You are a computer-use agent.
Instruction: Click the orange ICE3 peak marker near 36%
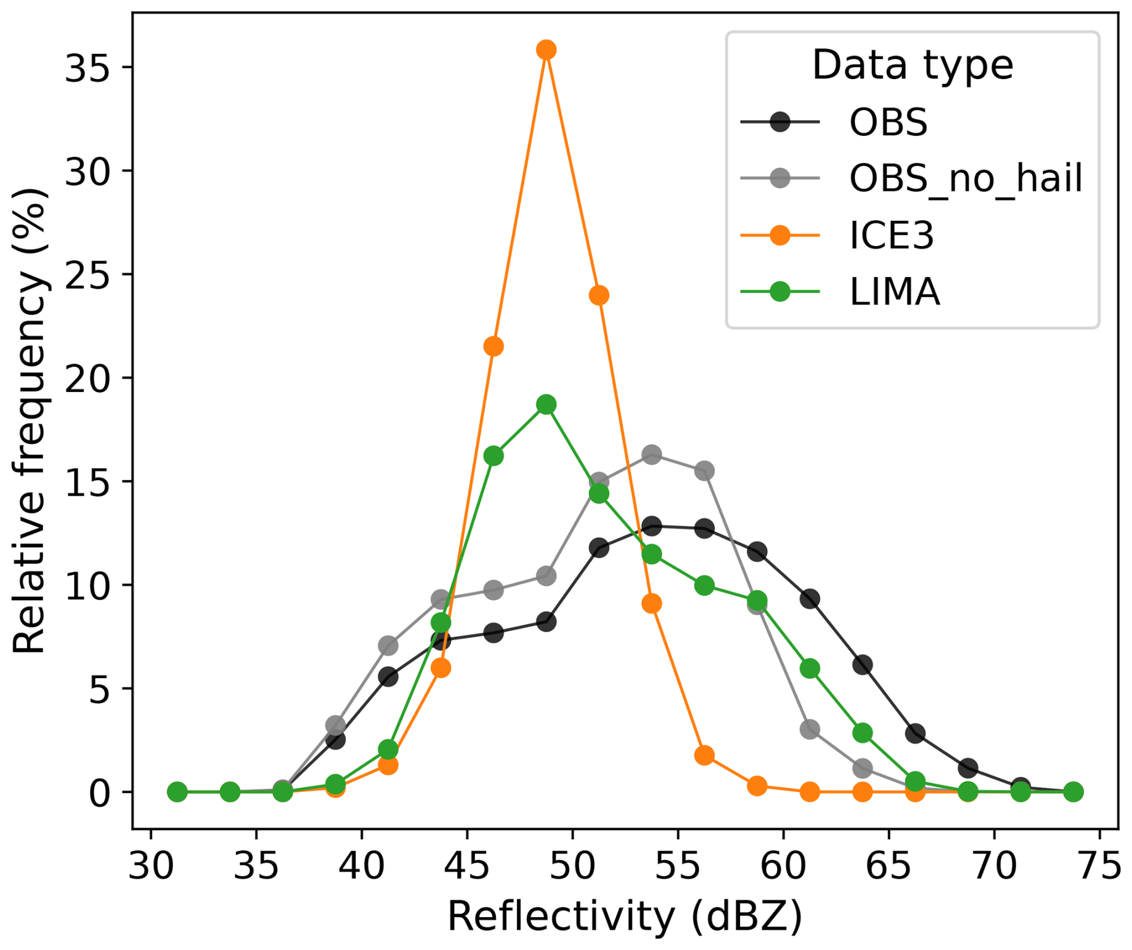click(x=546, y=50)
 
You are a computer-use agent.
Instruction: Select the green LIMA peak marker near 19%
click(x=546, y=405)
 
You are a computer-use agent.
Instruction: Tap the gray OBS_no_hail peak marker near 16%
click(x=652, y=455)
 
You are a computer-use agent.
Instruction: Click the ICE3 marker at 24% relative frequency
click(x=599, y=295)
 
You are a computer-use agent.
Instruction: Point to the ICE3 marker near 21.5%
click(x=494, y=346)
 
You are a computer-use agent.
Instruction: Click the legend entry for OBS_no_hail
click(x=965, y=178)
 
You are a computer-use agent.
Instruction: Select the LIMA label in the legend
click(x=894, y=292)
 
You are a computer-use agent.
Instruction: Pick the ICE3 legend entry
click(x=891, y=235)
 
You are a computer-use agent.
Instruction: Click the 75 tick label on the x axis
click(x=1100, y=866)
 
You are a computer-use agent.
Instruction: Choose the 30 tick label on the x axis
click(x=151, y=866)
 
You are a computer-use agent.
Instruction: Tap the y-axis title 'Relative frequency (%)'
click(x=30, y=420)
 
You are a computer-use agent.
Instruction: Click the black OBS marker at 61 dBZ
click(x=810, y=599)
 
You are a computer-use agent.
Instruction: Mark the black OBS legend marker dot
click(x=780, y=122)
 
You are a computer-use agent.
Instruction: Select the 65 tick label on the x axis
click(x=888, y=866)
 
